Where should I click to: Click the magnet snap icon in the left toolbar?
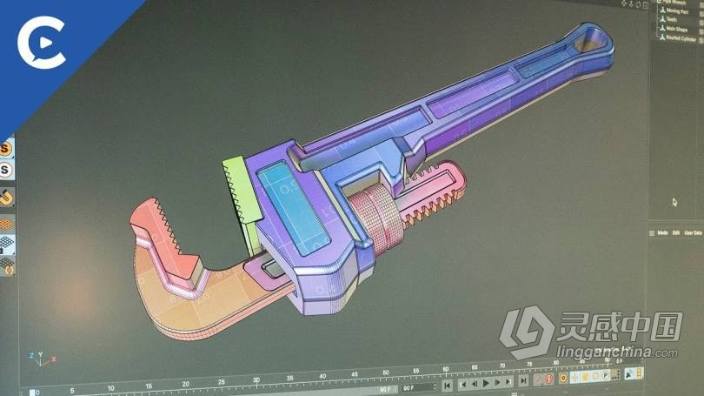coord(7,198)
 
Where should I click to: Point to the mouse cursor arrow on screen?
coord(674,202)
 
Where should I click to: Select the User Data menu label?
coord(694,233)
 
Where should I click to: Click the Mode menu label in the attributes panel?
coord(662,233)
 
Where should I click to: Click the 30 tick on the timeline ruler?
coord(256,380)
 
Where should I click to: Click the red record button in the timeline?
coord(540,380)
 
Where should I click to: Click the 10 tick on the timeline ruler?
coord(110,386)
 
